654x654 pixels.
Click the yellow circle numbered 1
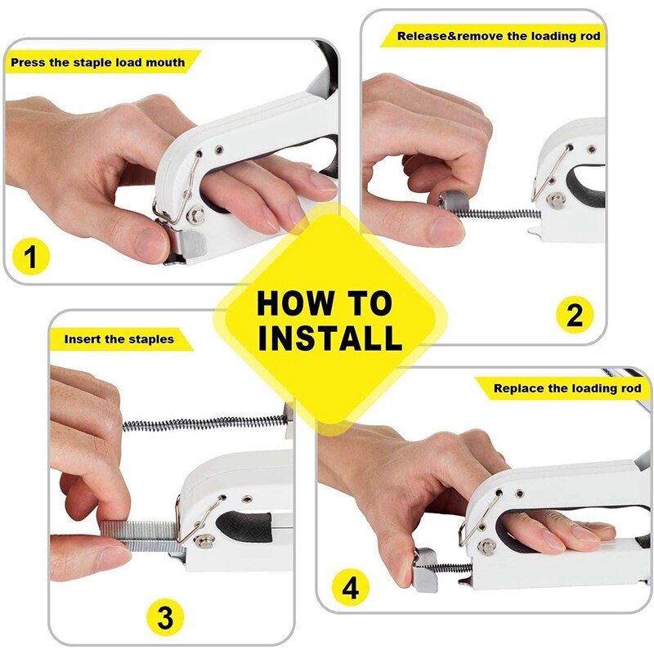tap(31, 257)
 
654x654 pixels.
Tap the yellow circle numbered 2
tap(575, 315)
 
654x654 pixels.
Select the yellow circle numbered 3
tap(166, 617)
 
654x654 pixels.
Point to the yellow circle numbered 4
tap(351, 589)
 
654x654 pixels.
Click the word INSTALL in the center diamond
tap(330, 337)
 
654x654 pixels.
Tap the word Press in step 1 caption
tap(28, 63)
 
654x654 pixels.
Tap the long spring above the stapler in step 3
tap(205, 424)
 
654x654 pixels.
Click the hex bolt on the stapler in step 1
tap(195, 215)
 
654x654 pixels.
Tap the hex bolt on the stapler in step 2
tap(556, 201)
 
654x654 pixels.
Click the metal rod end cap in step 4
tap(425, 570)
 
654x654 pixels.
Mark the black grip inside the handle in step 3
tap(246, 526)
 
